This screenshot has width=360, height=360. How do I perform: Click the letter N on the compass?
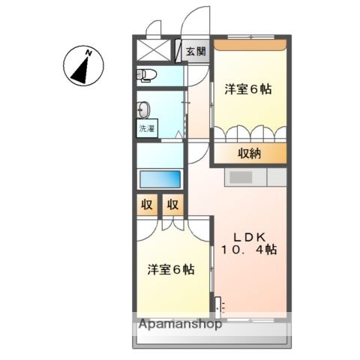88,52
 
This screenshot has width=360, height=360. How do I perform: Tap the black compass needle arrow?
79,66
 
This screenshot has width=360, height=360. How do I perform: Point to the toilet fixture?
146,74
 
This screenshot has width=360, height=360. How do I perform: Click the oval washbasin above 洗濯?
145,107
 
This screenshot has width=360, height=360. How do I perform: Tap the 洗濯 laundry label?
145,128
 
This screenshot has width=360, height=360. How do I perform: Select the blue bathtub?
160,179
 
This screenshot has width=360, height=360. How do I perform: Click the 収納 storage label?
250,154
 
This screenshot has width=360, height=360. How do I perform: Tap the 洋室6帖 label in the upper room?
247,88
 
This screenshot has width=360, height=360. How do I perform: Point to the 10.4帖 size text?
248,249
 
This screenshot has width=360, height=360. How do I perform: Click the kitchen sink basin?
241,177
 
